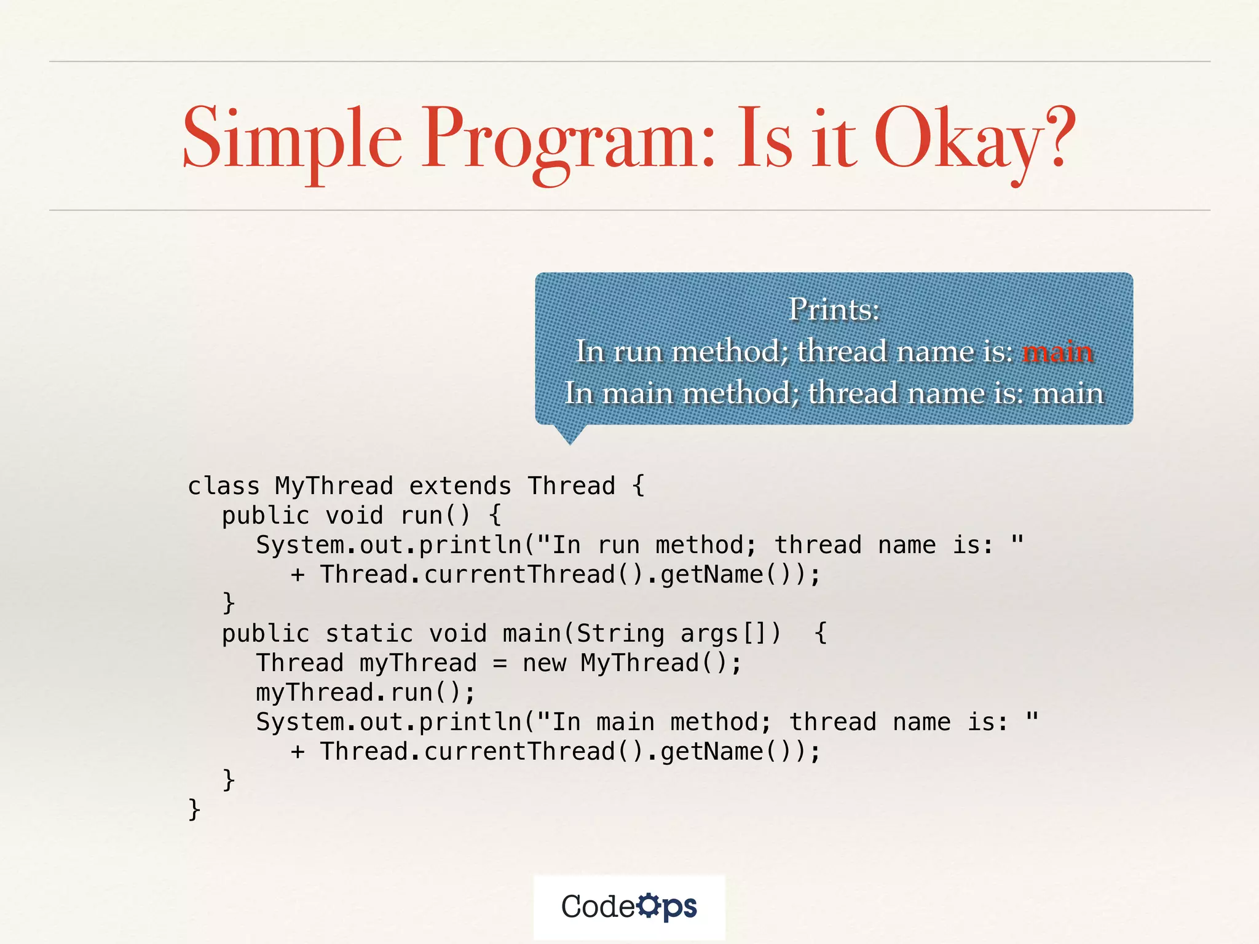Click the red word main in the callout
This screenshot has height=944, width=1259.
pos(1057,352)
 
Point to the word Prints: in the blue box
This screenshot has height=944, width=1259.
pos(834,309)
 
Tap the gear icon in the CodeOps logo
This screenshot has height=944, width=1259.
pos(648,905)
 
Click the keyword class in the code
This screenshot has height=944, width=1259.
pos(224,486)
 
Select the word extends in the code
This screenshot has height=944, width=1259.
pos(460,486)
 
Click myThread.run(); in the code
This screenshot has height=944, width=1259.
pos(366,693)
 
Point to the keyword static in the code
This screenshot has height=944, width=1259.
pos(369,634)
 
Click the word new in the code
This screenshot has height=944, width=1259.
pos(544,663)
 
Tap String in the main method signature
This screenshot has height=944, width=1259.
pos(620,634)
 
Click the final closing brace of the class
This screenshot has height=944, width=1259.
pos(194,809)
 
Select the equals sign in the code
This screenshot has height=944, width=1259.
pos(500,664)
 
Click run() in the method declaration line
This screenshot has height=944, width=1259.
pos(435,516)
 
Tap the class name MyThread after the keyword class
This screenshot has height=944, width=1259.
pos(334,486)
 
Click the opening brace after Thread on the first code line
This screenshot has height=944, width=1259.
pos(638,486)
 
